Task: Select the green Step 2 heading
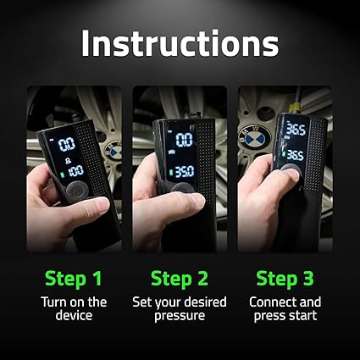pos(179,278)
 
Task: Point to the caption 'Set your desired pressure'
pos(179,309)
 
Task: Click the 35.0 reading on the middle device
pos(184,172)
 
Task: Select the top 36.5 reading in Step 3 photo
pos(295,130)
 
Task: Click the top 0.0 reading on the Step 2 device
pos(184,139)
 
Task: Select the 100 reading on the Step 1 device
pos(75,172)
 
